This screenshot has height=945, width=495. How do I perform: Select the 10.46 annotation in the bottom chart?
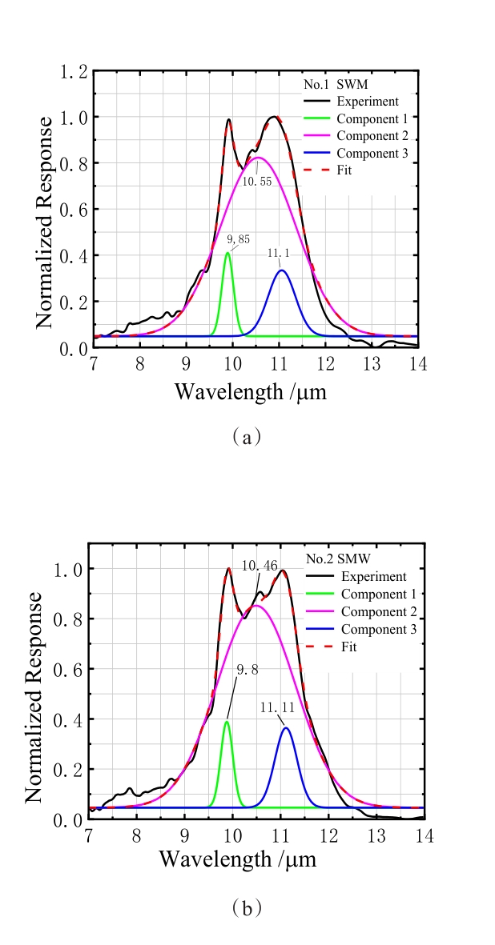point(260,567)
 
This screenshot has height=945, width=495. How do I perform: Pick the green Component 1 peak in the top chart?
point(227,254)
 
